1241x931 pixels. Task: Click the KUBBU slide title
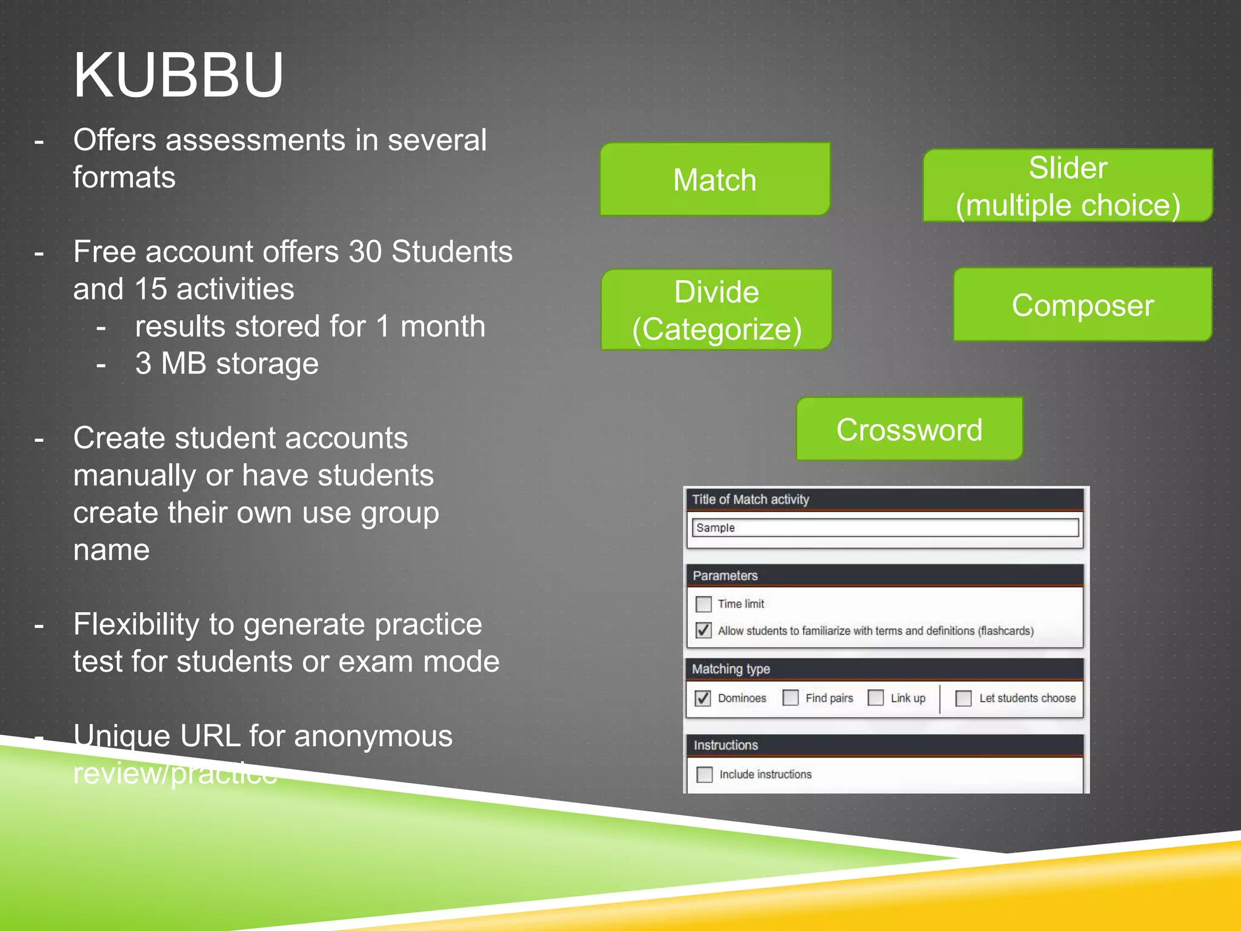pos(178,75)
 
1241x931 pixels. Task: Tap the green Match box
pos(714,180)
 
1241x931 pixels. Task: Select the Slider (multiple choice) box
pos(1067,185)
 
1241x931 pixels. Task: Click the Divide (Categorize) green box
pos(716,310)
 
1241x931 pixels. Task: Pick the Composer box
pos(1082,305)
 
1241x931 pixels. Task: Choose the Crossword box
pos(909,429)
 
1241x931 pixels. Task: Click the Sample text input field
pos(885,527)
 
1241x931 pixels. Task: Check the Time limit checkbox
pos(704,604)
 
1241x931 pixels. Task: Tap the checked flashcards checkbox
pos(704,630)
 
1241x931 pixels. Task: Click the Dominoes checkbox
pos(703,698)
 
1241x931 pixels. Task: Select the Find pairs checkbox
pos(790,698)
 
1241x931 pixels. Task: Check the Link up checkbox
pos(876,698)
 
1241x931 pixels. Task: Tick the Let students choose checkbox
pos(963,698)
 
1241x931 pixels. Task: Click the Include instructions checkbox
pos(704,775)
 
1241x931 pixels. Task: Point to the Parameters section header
pos(725,575)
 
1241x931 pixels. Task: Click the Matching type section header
pos(731,669)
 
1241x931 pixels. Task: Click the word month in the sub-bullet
pos(442,326)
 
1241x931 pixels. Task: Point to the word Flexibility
pos(136,624)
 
